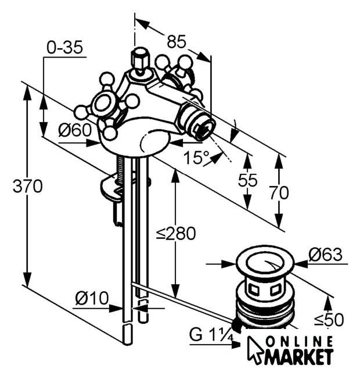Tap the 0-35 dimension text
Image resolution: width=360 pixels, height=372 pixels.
[x=64, y=48]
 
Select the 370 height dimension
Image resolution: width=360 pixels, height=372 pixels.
[x=28, y=186]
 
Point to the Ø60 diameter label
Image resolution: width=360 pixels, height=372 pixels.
[x=75, y=130]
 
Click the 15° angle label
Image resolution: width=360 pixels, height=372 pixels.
[x=196, y=157]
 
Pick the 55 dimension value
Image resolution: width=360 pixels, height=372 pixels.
[x=247, y=180]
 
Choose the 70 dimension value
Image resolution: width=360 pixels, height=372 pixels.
[x=279, y=192]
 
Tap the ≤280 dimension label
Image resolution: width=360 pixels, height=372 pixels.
[x=176, y=234]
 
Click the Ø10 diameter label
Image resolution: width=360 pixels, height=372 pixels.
[x=92, y=298]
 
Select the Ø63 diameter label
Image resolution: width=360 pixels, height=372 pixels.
[x=326, y=255]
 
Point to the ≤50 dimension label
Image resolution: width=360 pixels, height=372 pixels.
[x=329, y=320]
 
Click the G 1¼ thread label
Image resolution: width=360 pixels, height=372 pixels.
[x=211, y=335]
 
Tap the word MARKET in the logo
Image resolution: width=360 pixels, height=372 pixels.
[x=300, y=356]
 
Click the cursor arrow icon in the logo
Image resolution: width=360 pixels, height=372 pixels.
[x=255, y=350]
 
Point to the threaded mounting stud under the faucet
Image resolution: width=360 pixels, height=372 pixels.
[x=120, y=170]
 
